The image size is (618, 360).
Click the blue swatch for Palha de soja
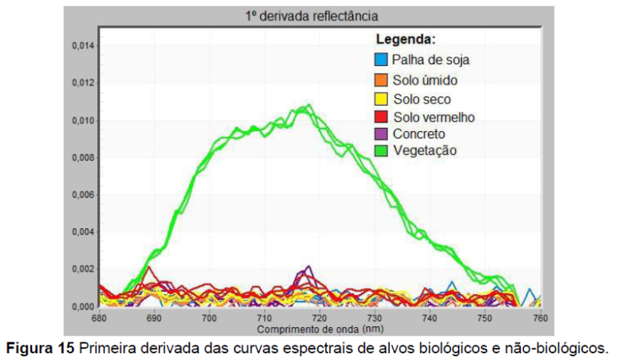coord(381,59)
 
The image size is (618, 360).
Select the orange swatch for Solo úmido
coord(381,79)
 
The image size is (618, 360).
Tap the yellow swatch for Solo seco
coord(381,99)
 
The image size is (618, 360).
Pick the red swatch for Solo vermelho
coord(381,116)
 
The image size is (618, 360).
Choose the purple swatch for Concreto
coord(381,134)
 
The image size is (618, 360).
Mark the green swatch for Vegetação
coord(381,151)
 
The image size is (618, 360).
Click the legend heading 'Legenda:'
coord(405,38)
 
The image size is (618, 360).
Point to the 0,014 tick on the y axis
coord(82,46)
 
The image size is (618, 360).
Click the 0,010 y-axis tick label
coord(82,120)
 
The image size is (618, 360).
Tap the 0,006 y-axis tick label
coord(82,195)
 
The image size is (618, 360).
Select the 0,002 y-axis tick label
coord(82,270)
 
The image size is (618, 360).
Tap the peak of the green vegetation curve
coord(309,105)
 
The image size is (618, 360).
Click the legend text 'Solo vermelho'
coord(434,117)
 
